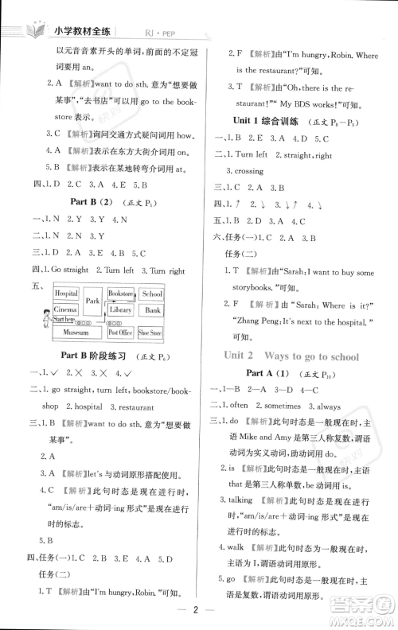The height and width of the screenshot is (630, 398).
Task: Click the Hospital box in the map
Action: [x=67, y=294]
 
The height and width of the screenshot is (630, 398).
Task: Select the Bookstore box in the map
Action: [x=120, y=293]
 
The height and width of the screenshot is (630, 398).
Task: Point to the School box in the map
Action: [x=152, y=294]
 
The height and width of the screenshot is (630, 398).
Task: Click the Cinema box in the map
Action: [x=66, y=309]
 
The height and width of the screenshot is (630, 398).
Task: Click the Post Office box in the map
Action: [x=120, y=332]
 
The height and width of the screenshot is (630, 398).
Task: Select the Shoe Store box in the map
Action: [x=152, y=332]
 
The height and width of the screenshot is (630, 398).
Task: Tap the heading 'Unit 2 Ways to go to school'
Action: [x=291, y=356]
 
